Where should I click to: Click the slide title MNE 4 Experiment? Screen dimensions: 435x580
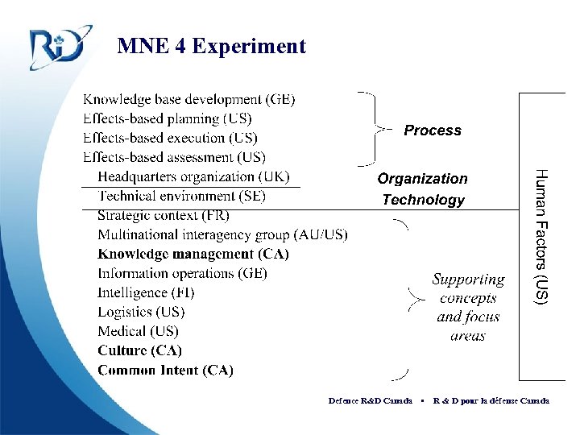(x=211, y=46)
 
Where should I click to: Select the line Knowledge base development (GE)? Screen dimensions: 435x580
(x=189, y=100)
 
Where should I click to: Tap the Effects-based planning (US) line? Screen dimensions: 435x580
(x=168, y=119)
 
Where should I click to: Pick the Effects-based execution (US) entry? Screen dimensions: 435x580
(x=171, y=139)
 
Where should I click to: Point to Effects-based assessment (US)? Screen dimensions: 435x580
(x=174, y=158)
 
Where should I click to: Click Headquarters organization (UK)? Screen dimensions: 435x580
(x=193, y=177)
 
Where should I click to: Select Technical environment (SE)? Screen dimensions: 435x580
(x=181, y=196)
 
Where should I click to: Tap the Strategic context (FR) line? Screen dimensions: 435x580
(x=164, y=215)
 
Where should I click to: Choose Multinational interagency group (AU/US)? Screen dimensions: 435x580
(x=222, y=234)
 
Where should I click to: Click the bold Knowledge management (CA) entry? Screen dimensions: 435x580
(x=193, y=254)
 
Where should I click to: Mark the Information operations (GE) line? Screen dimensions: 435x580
(x=182, y=273)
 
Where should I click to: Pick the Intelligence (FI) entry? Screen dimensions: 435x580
(x=146, y=292)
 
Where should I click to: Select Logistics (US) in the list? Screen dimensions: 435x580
(x=141, y=312)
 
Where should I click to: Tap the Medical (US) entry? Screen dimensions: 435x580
(x=138, y=331)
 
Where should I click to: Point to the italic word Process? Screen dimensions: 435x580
(x=433, y=130)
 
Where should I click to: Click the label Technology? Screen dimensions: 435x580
(x=423, y=200)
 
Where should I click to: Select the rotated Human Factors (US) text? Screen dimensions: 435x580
(x=543, y=236)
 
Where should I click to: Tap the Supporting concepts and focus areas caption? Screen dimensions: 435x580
(x=468, y=307)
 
